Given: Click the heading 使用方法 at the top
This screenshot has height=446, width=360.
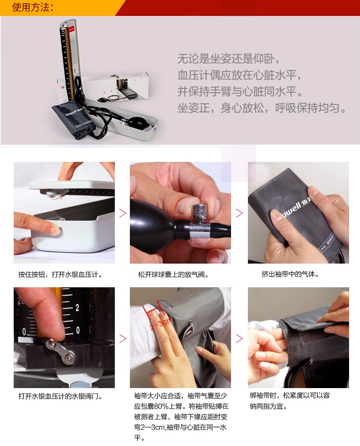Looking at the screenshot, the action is click(33, 7).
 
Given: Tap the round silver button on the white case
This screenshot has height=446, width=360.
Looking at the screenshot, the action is click(59, 229).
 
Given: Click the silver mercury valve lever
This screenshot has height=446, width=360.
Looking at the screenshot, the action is click(62, 351).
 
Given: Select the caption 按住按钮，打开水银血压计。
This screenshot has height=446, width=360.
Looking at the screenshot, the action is click(60, 275).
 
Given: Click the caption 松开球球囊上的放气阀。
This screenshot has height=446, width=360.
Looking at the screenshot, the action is click(174, 275).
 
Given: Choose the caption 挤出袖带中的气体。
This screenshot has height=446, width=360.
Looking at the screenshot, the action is click(290, 274).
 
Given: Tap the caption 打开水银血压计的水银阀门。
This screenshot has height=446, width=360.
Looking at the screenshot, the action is click(60, 396).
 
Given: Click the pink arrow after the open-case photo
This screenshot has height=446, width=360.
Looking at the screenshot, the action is click(123, 213).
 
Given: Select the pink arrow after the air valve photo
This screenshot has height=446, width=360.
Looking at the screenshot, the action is click(240, 213).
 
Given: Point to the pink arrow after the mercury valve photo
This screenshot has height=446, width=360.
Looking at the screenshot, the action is click(123, 338).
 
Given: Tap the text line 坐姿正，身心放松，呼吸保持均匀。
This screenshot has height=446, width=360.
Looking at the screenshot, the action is click(262, 108).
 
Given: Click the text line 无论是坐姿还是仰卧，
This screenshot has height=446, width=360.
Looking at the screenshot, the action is click(229, 59).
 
